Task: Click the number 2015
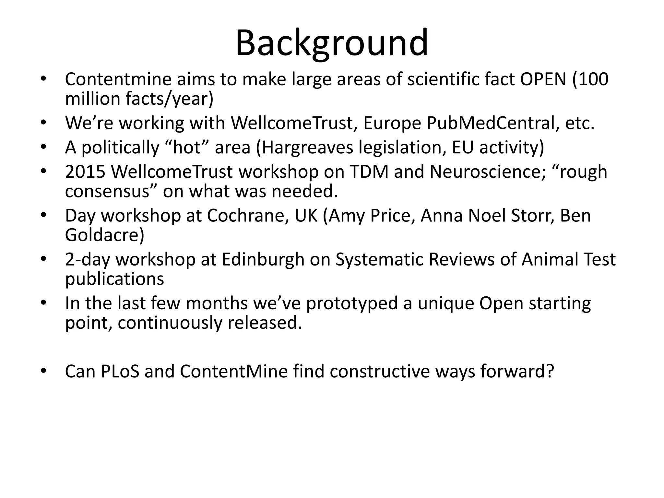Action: tap(85, 172)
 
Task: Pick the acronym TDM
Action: tap(369, 172)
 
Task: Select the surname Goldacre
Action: tap(104, 235)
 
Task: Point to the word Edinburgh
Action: tap(263, 259)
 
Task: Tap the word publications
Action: tap(114, 279)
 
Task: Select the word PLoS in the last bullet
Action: tap(120, 371)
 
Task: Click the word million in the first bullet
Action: tap(93, 99)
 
